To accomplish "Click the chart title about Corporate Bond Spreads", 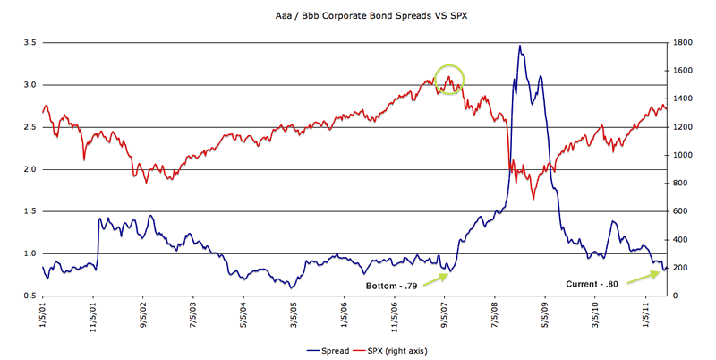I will (x=358, y=16).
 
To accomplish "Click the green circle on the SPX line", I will (x=448, y=80).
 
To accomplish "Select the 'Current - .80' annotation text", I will (x=594, y=284).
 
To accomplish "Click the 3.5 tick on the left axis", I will (x=28, y=43).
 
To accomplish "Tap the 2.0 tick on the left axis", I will (x=28, y=169).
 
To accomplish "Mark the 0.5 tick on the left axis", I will (x=28, y=296).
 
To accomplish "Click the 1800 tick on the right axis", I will (x=682, y=43).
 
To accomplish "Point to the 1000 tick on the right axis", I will (x=682, y=155).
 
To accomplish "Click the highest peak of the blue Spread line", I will (x=520, y=46).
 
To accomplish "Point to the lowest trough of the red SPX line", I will (x=533, y=198).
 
